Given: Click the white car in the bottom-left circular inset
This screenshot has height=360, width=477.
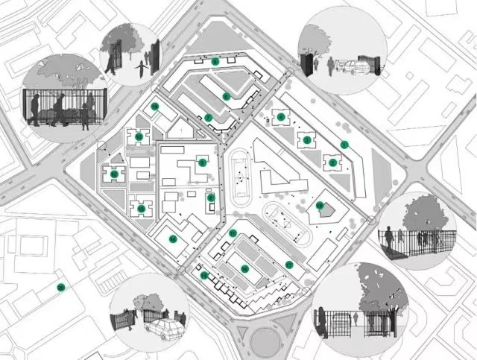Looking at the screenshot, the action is click(163, 327).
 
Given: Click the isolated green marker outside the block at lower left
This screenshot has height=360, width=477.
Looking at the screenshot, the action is click(60, 287).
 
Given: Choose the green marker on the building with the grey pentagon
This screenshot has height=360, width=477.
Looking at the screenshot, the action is click(320, 205).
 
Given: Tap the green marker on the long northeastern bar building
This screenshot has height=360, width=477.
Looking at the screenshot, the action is click(344, 145).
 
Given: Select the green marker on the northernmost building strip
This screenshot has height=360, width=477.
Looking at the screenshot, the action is click(215, 61).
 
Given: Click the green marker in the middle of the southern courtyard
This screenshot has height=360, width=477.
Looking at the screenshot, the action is click(244, 269).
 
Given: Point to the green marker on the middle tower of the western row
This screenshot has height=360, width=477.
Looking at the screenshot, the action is click(115, 174).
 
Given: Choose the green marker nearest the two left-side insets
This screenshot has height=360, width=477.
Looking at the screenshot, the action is click(155, 107).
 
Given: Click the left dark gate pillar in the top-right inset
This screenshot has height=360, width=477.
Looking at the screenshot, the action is click(305, 63).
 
